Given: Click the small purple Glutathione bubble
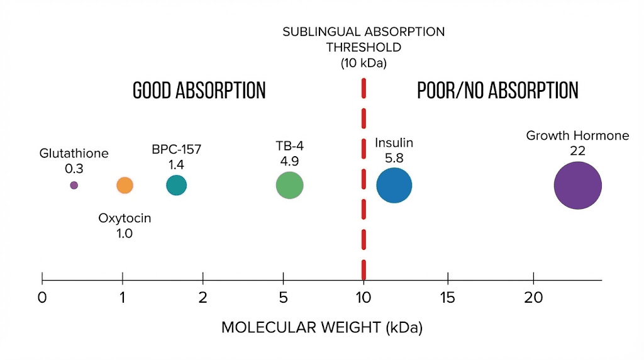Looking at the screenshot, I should [x=74, y=185].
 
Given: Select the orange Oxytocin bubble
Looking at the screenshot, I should [x=125, y=185].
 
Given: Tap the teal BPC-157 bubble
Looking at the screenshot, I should [x=176, y=185].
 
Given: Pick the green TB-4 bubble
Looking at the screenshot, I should [x=289, y=186].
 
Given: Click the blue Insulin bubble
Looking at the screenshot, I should [x=394, y=186].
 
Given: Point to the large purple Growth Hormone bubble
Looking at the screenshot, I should [x=577, y=186].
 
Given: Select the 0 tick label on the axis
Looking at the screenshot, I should [x=42, y=297].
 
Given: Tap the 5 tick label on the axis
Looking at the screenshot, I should [x=284, y=297].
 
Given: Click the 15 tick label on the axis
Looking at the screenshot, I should [x=447, y=297].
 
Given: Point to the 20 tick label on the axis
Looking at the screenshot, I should [x=533, y=297].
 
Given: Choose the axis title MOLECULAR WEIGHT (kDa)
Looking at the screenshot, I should [x=321, y=328].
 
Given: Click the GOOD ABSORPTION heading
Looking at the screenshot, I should [x=199, y=91].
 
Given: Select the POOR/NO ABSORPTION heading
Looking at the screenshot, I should [x=497, y=91].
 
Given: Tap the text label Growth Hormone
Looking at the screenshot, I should [x=577, y=136].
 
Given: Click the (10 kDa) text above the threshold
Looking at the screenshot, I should [x=363, y=63].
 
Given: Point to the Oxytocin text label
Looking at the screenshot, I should [x=125, y=218].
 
